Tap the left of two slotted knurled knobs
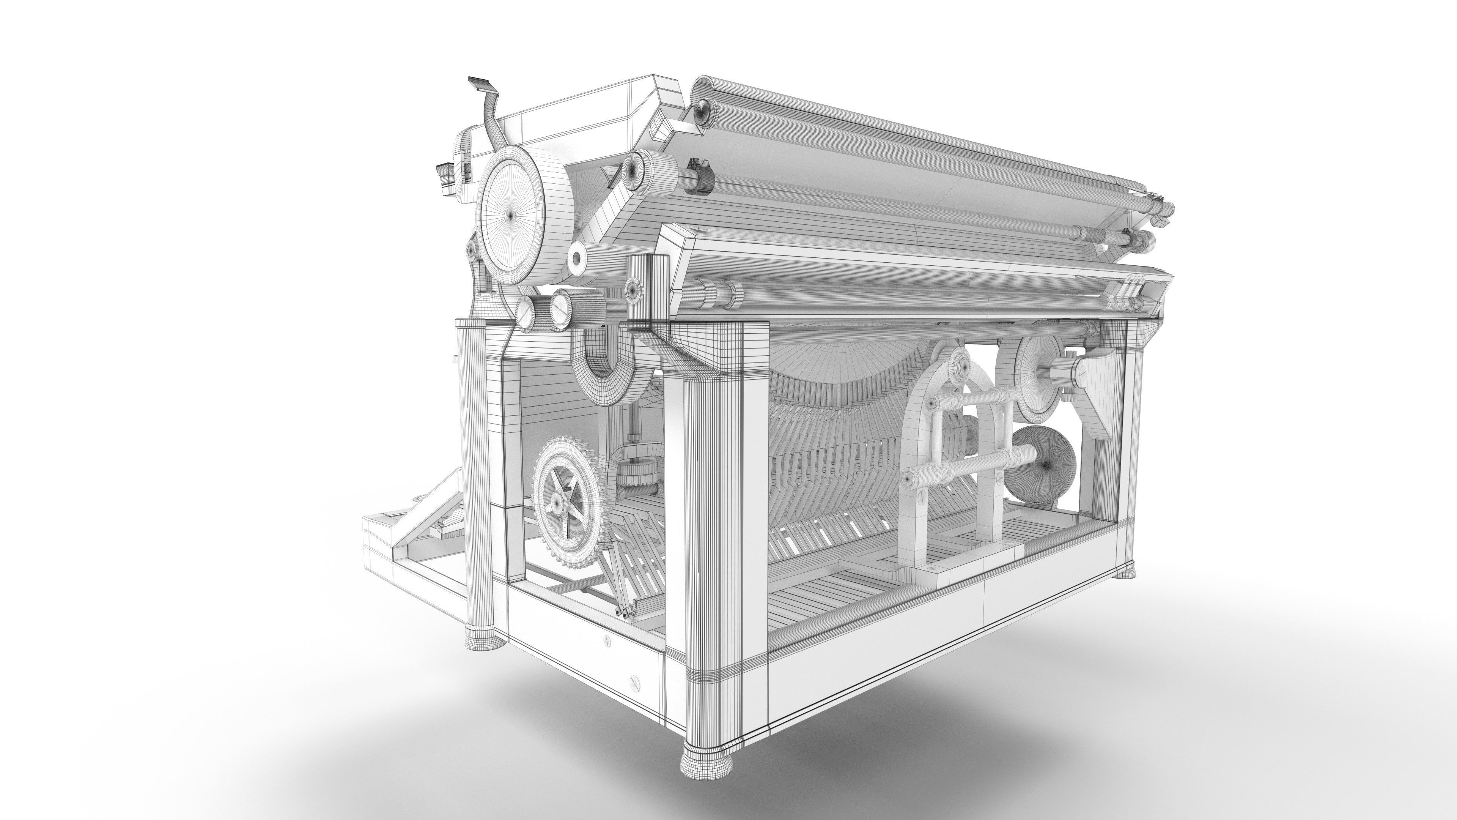[x=526, y=312]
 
